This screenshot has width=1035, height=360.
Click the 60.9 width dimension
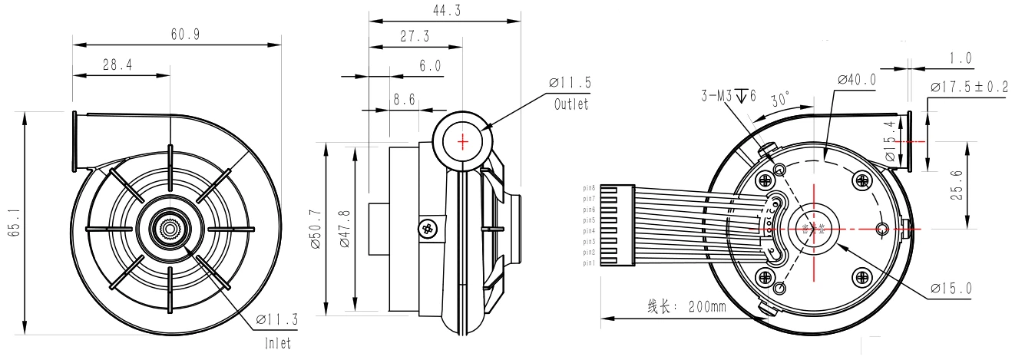point(177,34)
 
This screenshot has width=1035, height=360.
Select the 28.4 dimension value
point(117,65)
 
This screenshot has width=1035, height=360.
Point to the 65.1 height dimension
point(12,223)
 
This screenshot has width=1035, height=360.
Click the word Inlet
point(277,343)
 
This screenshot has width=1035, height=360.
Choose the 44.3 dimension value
point(444,10)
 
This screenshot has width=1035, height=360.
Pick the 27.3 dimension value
point(415,36)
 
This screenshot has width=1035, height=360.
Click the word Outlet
point(571,104)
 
